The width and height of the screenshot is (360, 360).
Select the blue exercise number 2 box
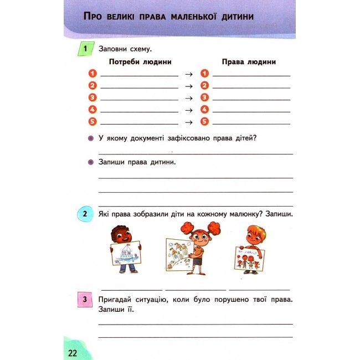point(84,214)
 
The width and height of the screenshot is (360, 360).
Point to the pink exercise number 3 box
point(84,300)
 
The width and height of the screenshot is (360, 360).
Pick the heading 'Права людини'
point(249,61)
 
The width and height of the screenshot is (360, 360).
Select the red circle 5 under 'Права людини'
point(204,122)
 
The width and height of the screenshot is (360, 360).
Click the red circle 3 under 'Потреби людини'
point(92,97)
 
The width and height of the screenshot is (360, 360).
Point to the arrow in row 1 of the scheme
point(188,74)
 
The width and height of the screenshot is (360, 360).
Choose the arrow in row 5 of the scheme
point(188,122)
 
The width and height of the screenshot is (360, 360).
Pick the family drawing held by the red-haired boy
point(249,258)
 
